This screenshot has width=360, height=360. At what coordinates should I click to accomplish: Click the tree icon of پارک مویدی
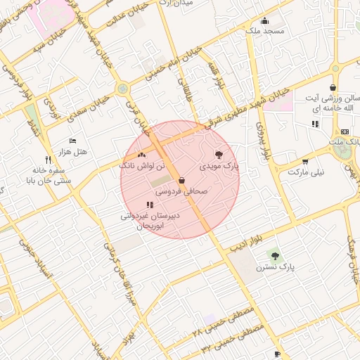click(x=219, y=155)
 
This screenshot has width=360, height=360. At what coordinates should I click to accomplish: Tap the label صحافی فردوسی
click(x=181, y=191)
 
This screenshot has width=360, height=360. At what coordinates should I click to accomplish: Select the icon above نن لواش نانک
click(x=142, y=154)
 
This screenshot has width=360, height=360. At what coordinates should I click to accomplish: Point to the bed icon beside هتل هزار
click(x=72, y=141)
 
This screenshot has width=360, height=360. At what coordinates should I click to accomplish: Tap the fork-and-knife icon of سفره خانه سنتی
click(x=48, y=159)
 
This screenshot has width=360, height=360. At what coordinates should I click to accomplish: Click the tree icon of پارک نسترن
click(x=274, y=256)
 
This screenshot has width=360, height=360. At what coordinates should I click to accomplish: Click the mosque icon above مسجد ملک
click(x=264, y=20)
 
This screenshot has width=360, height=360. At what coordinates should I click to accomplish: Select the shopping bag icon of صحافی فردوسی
click(x=181, y=180)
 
